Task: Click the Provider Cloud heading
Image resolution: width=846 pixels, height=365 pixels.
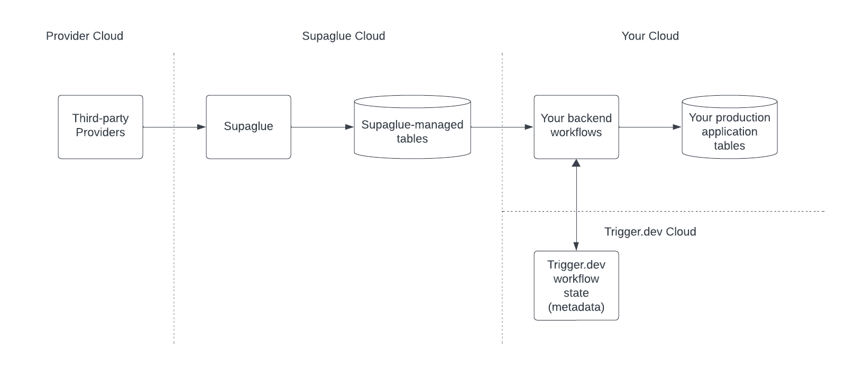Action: pyautogui.click(x=85, y=36)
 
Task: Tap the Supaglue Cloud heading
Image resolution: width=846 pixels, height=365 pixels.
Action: pyautogui.click(x=344, y=36)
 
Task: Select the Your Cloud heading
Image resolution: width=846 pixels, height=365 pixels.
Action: pyautogui.click(x=650, y=36)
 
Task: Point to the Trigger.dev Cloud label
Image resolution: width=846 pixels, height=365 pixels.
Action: pyautogui.click(x=650, y=232)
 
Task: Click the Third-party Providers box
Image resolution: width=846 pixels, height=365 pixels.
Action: pyautogui.click(x=100, y=127)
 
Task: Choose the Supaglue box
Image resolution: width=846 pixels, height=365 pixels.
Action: pyautogui.click(x=249, y=127)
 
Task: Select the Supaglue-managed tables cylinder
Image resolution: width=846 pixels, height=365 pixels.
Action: pyautogui.click(x=412, y=127)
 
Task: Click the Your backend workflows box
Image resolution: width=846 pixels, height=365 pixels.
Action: pyautogui.click(x=576, y=127)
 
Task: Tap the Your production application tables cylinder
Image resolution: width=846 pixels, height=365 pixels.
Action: pyautogui.click(x=730, y=127)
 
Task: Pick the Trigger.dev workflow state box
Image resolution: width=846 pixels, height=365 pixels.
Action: pyautogui.click(x=576, y=286)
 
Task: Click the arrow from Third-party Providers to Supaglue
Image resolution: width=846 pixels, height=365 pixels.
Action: pyautogui.click(x=174, y=127)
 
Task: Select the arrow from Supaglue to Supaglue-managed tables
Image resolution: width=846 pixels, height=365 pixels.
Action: pyautogui.click(x=323, y=127)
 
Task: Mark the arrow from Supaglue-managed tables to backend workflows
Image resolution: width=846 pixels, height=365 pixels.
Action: pyautogui.click(x=502, y=127)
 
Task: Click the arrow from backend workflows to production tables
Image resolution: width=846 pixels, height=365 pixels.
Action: pyautogui.click(x=650, y=127)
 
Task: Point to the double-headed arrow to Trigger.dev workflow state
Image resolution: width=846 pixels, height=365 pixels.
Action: pyautogui.click(x=576, y=205)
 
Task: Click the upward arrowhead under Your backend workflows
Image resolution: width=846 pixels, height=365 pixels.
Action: pyautogui.click(x=576, y=163)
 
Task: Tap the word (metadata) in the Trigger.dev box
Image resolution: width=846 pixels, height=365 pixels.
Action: pyautogui.click(x=576, y=307)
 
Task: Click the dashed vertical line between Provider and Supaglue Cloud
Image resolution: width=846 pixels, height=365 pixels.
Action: pyautogui.click(x=174, y=198)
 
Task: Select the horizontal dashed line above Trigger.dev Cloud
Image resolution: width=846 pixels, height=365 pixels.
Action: pyautogui.click(x=664, y=211)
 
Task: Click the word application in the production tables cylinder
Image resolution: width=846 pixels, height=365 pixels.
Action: pyautogui.click(x=730, y=132)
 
